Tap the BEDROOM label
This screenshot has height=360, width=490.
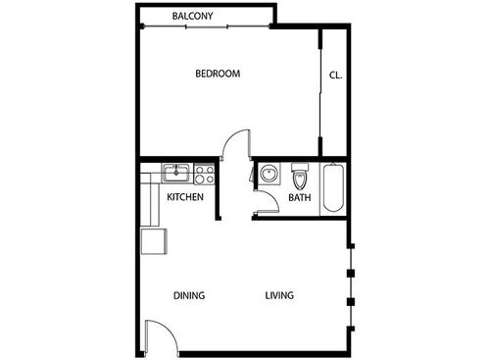[x=218, y=74]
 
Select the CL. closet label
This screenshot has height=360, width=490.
[x=335, y=75]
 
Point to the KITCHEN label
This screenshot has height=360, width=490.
[x=185, y=197]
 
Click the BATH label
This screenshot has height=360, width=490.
[x=299, y=198]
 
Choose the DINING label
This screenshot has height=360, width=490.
[x=188, y=295]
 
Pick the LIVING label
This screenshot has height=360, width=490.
[x=279, y=295]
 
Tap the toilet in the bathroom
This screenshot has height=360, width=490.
[x=300, y=178]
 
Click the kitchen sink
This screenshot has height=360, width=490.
[x=177, y=174]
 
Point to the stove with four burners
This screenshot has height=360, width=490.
[x=205, y=175]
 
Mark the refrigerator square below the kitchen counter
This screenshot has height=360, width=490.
[x=154, y=240]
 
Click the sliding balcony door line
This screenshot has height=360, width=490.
[x=206, y=27]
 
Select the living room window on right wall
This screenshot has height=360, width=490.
[x=350, y=284]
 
